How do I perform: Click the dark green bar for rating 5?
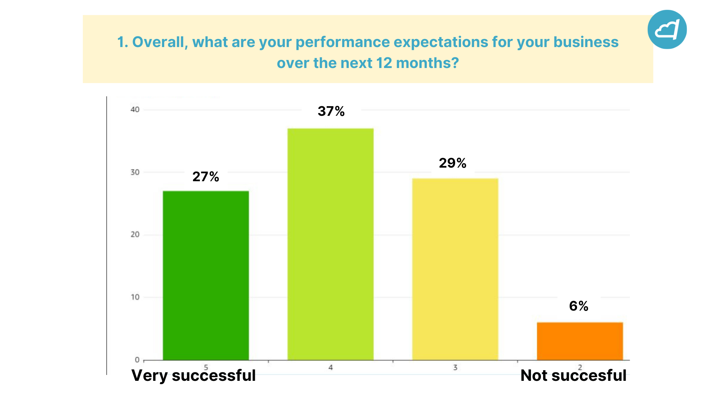206,275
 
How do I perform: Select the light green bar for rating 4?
330,244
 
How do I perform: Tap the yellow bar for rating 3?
455,269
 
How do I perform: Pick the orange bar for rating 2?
580,341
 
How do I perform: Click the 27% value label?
206,177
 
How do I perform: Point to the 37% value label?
331,111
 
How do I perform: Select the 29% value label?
453,163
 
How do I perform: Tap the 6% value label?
578,306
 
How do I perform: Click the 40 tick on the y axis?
135,110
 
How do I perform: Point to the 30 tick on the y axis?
135,172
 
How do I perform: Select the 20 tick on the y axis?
135,235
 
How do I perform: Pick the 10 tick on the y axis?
135,297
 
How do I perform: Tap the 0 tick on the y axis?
137,360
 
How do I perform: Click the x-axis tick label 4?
331,367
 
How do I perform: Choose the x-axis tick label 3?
455,367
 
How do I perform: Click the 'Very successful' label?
194,376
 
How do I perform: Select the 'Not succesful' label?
573,376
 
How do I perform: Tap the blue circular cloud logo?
667,29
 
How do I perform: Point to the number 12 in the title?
384,63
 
